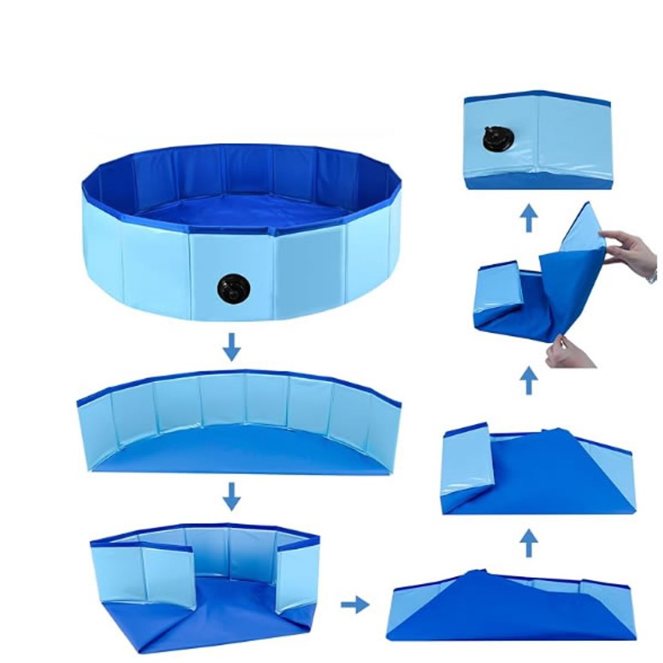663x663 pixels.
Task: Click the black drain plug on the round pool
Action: [233, 288]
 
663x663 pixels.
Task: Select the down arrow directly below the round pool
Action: [232, 346]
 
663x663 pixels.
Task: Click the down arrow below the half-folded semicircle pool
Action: [232, 496]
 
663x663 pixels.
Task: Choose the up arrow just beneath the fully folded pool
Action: [529, 219]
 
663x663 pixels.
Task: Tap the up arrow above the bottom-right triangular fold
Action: [529, 543]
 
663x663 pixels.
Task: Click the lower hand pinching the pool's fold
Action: [569, 354]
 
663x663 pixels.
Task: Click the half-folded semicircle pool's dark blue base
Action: [243, 450]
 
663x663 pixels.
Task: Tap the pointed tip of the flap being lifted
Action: [587, 204]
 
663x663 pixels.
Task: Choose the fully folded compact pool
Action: [537, 141]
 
